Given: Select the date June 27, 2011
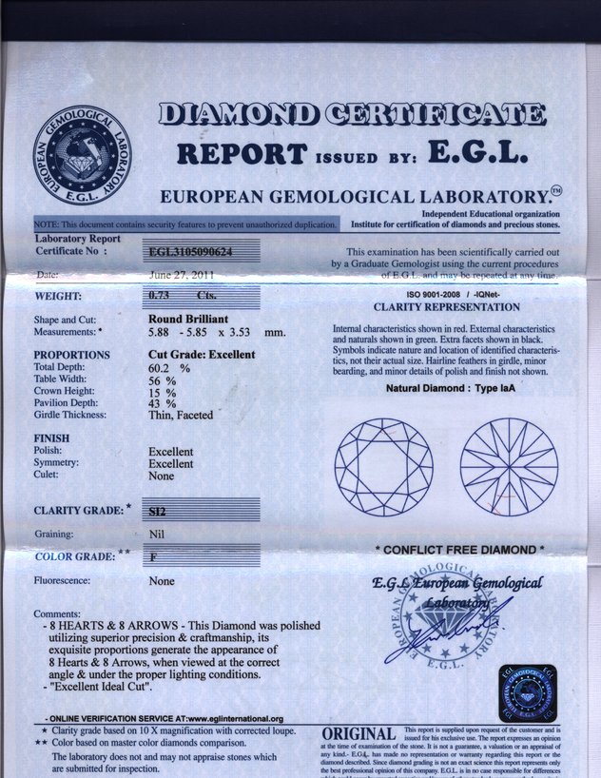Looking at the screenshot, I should (181, 276).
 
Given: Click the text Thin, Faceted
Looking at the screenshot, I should (181, 416).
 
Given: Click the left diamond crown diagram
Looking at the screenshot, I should (383, 467).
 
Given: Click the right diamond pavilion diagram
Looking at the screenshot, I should (509, 467).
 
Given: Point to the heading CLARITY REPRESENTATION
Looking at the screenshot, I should (446, 307).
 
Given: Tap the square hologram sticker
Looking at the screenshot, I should (528, 693).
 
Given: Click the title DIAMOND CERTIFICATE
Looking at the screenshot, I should (351, 116).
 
